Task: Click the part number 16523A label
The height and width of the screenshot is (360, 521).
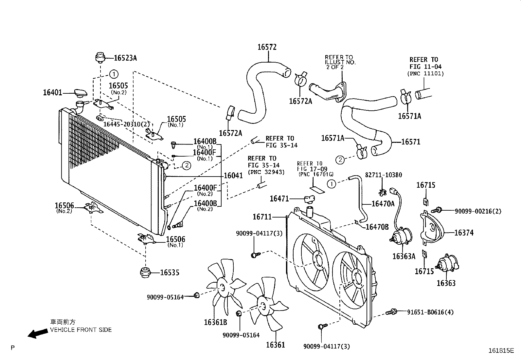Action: click(125, 58)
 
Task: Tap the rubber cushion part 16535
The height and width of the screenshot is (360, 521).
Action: click(145, 273)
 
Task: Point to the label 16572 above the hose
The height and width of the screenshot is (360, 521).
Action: click(267, 47)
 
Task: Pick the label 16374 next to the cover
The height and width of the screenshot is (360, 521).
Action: click(464, 233)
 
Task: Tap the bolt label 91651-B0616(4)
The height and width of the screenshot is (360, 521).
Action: click(430, 312)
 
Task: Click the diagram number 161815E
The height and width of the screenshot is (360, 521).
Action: click(501, 351)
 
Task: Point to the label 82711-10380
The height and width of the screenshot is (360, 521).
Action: click(383, 175)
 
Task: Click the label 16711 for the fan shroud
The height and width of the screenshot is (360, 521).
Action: click(262, 217)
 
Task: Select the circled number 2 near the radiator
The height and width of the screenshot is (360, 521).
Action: click(186, 166)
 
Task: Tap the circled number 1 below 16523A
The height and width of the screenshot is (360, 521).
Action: click(113, 74)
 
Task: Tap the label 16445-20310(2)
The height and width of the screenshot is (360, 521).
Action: click(126, 124)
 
